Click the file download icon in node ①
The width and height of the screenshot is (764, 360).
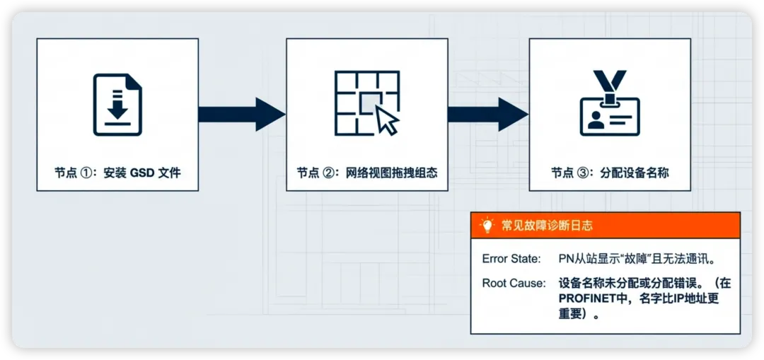coord(117,105)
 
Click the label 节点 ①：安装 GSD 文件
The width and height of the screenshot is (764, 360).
coord(117,172)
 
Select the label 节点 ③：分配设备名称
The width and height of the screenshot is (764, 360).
coord(610,173)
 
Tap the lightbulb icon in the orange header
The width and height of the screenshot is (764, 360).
coord(487,226)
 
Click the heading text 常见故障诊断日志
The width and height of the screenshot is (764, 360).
coord(547,226)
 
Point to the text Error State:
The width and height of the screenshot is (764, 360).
coord(511,259)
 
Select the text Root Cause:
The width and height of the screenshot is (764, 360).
coord(514,283)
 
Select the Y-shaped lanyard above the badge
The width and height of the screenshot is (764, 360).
coord(610,83)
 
